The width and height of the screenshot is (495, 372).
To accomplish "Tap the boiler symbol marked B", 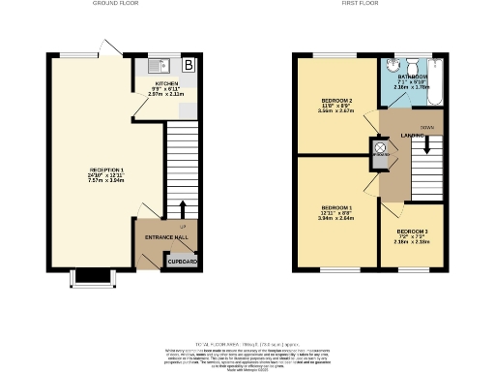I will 189,66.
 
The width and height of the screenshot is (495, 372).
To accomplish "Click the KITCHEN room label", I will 167,84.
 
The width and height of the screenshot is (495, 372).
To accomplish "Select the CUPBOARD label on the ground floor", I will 182,262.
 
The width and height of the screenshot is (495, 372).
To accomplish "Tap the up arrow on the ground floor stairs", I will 183,208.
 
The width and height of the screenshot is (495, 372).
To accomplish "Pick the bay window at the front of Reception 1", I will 94,278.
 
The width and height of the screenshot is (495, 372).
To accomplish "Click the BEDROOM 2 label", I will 336,100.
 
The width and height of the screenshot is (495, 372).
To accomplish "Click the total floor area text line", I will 247,343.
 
